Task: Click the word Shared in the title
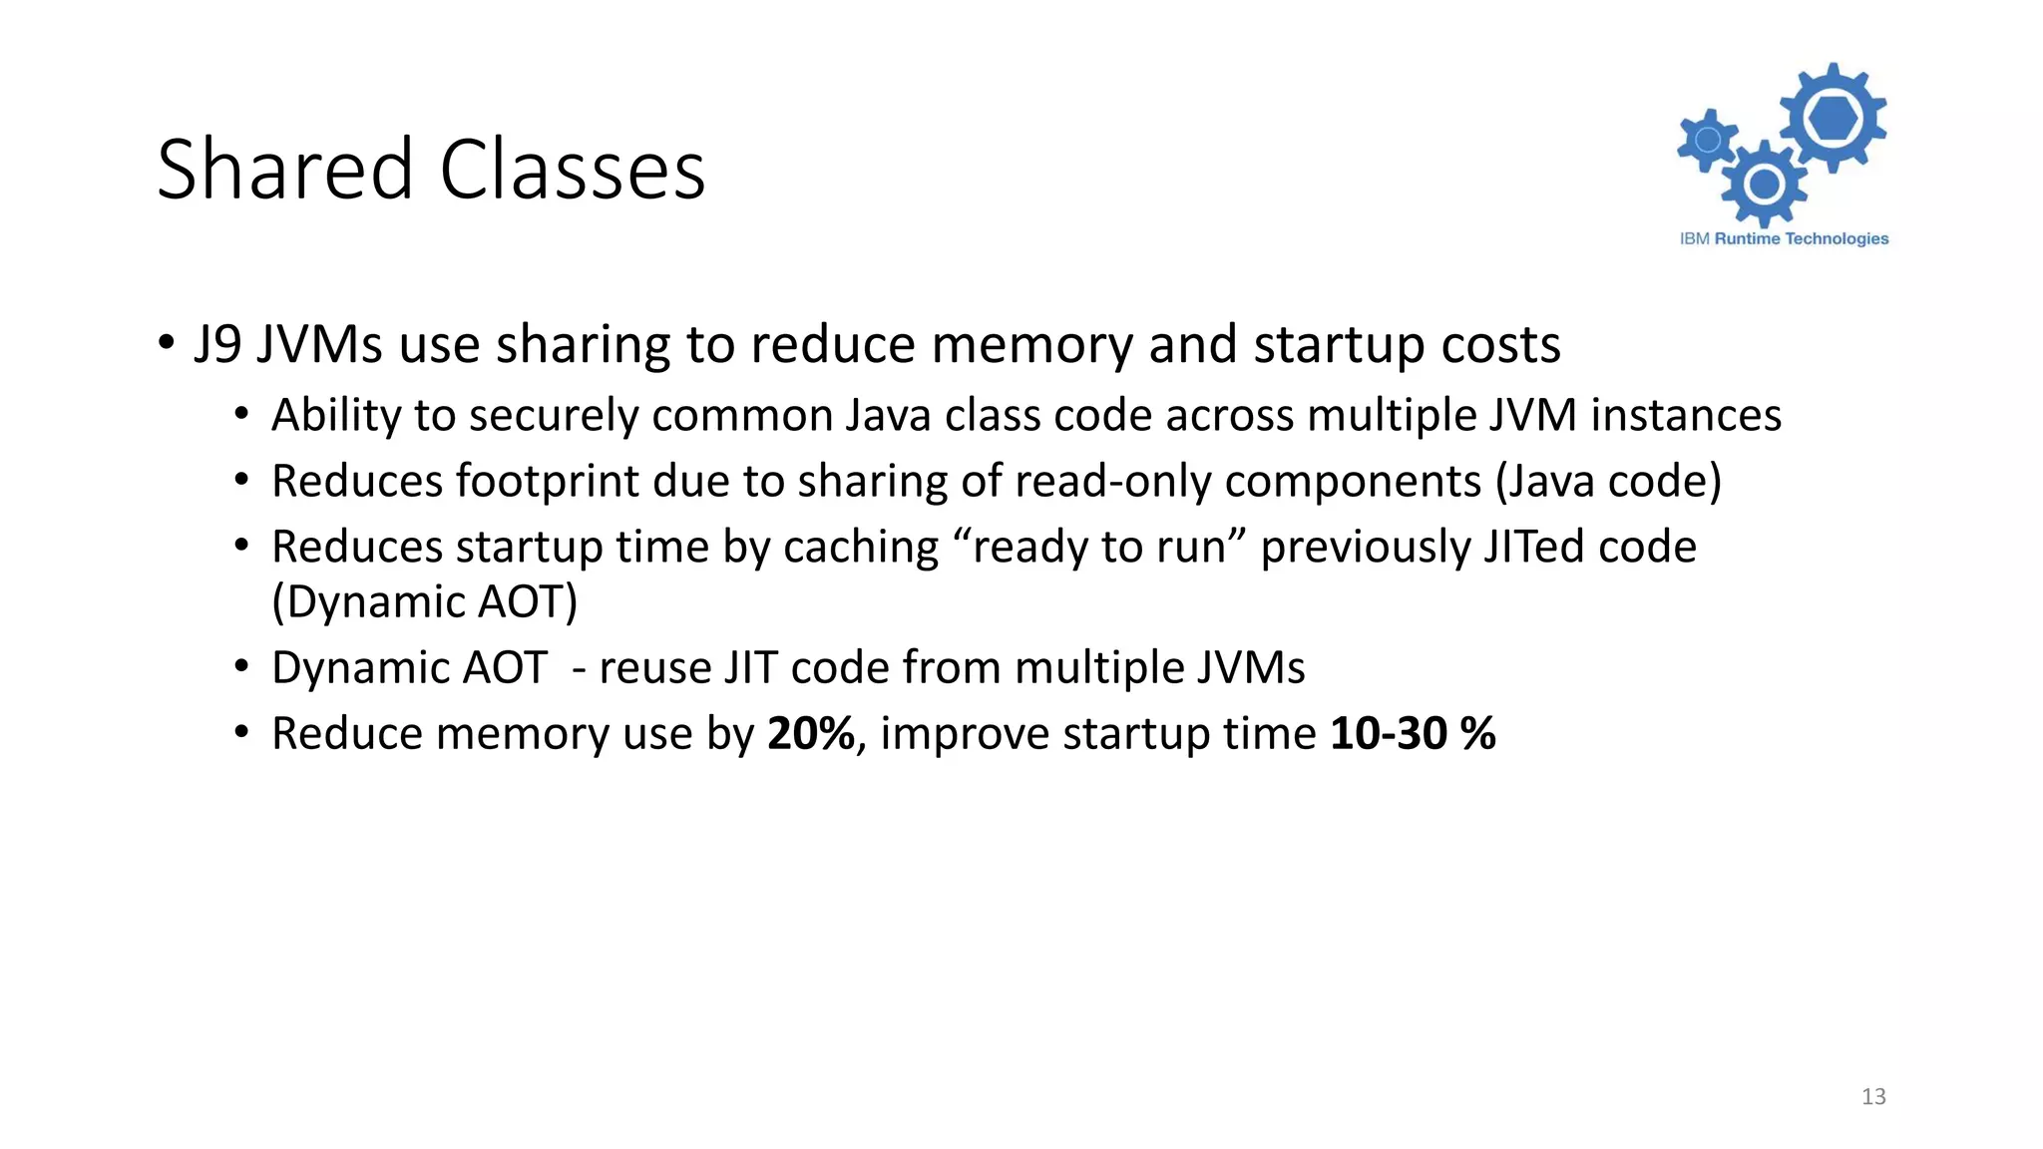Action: tap(284, 170)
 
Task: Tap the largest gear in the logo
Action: tap(1834, 119)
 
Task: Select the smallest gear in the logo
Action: tap(1707, 139)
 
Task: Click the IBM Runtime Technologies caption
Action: tap(1784, 238)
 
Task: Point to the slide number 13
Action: tap(1873, 1097)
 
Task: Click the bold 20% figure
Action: tap(811, 734)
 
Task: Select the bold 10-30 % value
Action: tap(1413, 734)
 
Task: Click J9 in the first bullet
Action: tap(217, 345)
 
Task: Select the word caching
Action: tap(861, 548)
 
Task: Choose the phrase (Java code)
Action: tap(1608, 482)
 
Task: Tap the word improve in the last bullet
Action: tap(965, 734)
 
